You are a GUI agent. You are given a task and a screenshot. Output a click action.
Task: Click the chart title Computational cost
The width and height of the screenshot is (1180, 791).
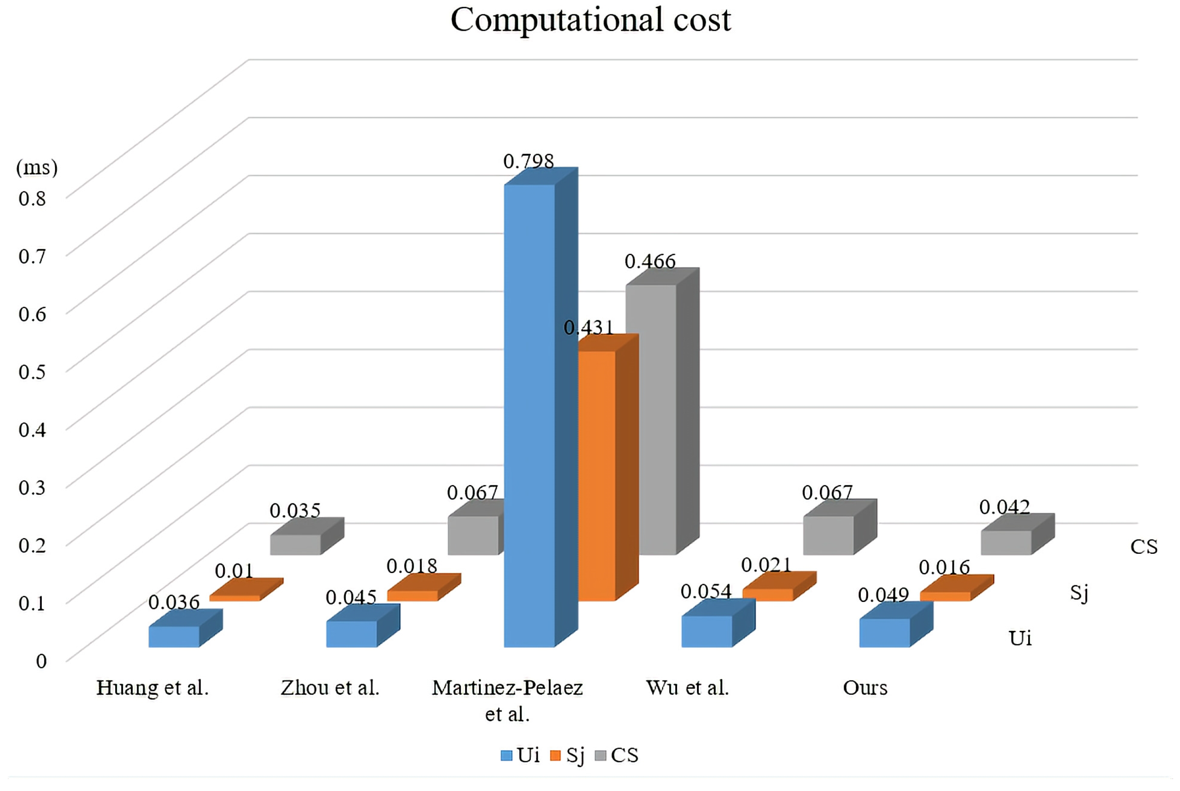(x=590, y=20)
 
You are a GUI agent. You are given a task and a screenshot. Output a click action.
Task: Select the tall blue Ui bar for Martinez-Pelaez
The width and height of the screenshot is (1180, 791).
(x=529, y=414)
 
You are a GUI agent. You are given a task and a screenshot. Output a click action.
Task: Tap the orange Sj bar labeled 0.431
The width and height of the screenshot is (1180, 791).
(x=596, y=474)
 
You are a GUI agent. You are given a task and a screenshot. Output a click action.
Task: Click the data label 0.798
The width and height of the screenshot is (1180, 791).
(x=529, y=162)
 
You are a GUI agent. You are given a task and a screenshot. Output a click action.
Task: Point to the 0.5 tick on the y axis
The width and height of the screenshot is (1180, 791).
(x=32, y=372)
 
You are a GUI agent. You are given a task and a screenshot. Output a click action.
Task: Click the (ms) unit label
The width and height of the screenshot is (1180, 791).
(x=37, y=167)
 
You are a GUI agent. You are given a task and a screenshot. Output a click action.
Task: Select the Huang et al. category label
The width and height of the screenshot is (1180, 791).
(x=152, y=688)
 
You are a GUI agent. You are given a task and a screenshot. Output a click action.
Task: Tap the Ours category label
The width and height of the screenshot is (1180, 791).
(x=865, y=688)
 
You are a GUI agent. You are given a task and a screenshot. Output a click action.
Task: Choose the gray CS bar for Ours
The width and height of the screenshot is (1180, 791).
(x=1006, y=542)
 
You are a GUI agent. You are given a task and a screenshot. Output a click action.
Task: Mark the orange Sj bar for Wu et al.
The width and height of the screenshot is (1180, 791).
(x=768, y=594)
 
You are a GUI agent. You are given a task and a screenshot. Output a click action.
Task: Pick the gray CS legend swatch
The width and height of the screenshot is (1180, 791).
(x=600, y=756)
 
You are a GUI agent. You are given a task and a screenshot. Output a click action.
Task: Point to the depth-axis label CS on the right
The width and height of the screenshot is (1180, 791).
(x=1144, y=547)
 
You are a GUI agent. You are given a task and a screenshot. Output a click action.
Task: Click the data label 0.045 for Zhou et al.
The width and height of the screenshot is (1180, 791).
(x=351, y=597)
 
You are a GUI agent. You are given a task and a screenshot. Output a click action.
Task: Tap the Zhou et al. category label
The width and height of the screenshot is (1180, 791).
(x=330, y=688)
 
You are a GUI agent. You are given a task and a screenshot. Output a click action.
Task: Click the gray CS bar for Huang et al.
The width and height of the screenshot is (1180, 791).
(x=295, y=544)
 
